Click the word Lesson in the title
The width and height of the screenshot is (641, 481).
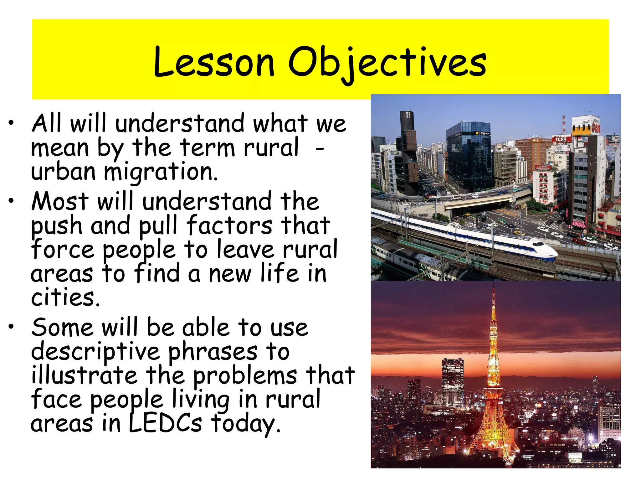click(x=214, y=62)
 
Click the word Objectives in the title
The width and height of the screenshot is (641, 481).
click(x=387, y=62)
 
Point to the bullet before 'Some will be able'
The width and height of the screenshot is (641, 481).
click(x=12, y=327)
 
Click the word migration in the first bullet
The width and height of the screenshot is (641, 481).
click(x=160, y=172)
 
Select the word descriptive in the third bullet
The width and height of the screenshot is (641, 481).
click(x=95, y=352)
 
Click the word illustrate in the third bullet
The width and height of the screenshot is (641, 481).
click(x=84, y=375)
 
